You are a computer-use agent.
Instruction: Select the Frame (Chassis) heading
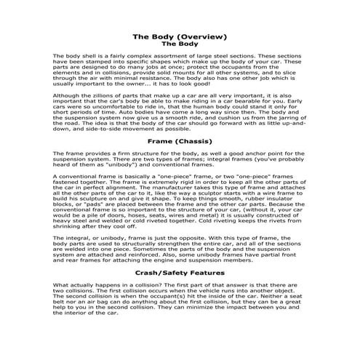180,140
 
